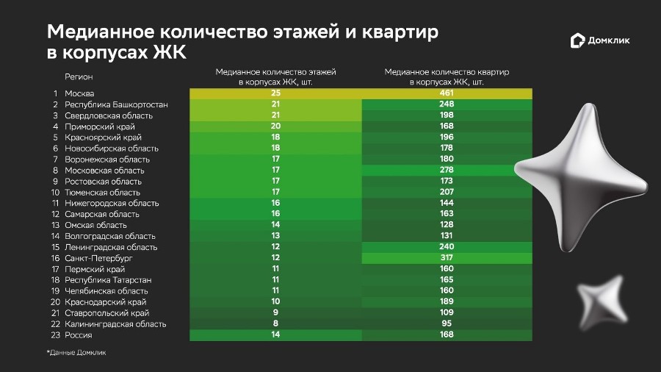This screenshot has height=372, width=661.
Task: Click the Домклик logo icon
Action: click(577, 41)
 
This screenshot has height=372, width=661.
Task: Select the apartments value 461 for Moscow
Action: click(445, 93)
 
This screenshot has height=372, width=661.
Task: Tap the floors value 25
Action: click(275, 93)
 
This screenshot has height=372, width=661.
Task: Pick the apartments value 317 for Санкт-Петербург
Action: click(445, 258)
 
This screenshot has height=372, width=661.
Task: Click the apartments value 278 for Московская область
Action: click(445, 170)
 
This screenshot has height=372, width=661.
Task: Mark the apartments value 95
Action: click(445, 323)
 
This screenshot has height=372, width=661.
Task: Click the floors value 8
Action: click(275, 323)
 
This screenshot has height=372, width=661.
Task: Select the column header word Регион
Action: click(79, 76)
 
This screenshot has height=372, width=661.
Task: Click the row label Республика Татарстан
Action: click(108, 280)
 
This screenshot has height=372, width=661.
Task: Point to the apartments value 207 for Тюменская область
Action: click(445, 192)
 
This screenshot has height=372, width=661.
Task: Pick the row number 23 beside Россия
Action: click(54, 335)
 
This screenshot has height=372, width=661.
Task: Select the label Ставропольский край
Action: click(101, 312)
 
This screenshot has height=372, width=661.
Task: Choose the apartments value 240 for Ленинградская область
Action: click(445, 247)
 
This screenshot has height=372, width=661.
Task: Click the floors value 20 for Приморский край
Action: click(275, 126)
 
